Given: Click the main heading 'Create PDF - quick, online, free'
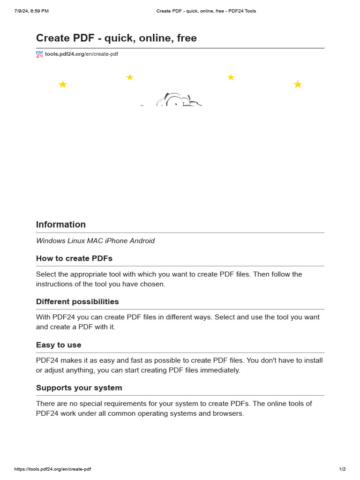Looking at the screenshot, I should pos(116,38).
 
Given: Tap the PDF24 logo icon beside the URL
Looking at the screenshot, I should pos(39,54).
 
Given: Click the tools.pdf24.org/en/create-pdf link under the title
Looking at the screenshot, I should pos(82,54).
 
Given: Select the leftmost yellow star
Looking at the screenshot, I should pos(63,84).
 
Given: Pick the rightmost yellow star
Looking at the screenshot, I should pos(298,84).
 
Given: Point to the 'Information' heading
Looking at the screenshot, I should pos(61,225).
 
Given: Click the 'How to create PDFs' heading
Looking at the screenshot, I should pos(74,259).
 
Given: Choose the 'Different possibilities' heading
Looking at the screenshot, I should pos(77,302).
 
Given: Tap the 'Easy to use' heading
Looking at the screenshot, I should pos(59,345).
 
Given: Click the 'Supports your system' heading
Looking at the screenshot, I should pos(79,388).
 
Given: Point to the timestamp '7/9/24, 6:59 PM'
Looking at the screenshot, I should pos(31,11).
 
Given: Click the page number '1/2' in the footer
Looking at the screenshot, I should pos(342,469).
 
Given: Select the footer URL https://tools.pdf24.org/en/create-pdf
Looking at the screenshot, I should pos(52,469).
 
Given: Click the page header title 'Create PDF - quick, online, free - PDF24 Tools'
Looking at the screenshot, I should pos(206,11).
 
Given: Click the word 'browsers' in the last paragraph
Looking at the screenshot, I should pos(229,414).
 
